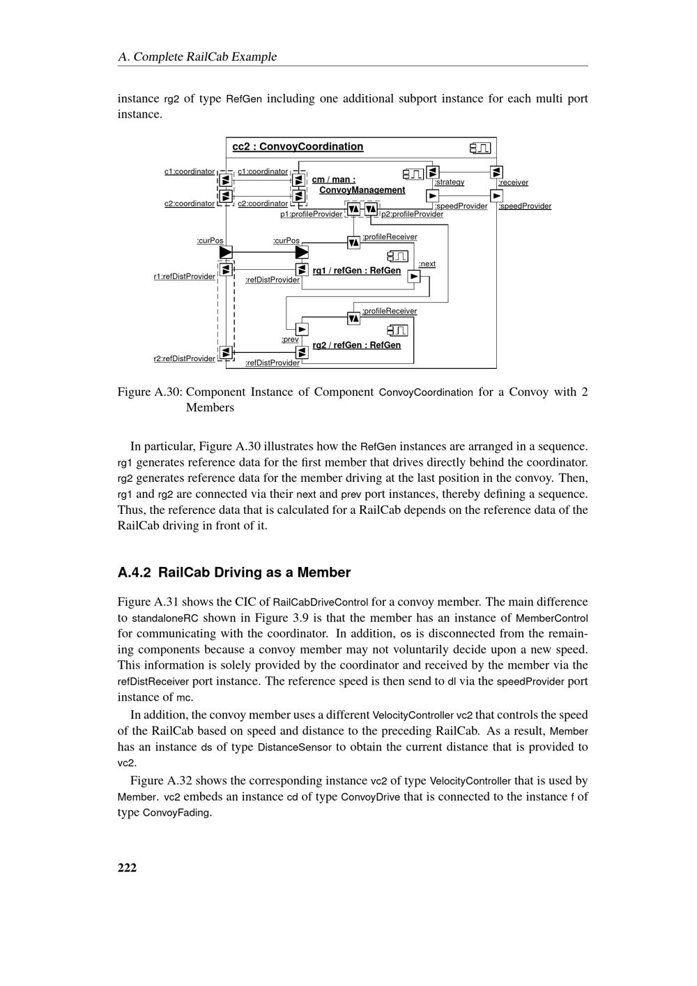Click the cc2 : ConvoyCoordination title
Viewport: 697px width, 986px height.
(298, 146)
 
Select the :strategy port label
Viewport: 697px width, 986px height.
(449, 182)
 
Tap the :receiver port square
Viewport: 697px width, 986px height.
(496, 172)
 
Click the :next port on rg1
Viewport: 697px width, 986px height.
(414, 276)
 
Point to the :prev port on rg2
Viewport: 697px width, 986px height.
(302, 329)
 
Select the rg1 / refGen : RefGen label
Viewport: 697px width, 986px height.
(356, 271)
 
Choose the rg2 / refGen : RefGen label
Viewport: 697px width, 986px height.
(356, 345)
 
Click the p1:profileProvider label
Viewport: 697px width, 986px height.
(311, 214)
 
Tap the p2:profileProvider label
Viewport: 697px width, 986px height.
(412, 214)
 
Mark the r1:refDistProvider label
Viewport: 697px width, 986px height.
(184, 277)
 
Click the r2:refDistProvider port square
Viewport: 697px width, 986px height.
(225, 353)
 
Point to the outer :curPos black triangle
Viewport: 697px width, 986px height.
(225, 252)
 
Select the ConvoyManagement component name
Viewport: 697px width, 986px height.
(362, 190)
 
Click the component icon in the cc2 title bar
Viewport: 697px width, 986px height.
(480, 148)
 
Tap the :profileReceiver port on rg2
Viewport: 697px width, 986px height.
(353, 318)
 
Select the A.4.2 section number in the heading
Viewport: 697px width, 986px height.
(134, 572)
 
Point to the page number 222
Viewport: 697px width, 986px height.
(127, 867)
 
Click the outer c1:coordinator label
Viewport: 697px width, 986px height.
(190, 172)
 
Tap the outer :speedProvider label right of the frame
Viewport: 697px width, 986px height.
(525, 206)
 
